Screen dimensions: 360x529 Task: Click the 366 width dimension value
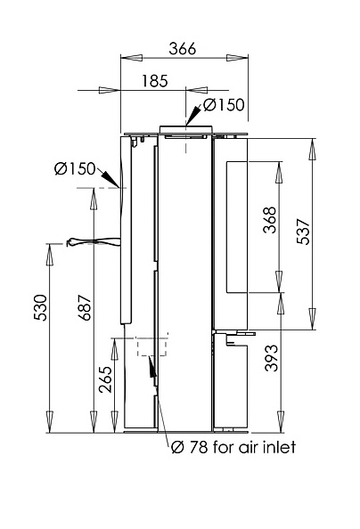(183, 49)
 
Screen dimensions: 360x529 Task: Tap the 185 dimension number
(155, 81)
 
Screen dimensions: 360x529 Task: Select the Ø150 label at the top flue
(224, 105)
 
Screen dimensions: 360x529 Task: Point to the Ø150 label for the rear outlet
(76, 168)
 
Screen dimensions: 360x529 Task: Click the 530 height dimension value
(40, 307)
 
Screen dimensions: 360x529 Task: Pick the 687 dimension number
(85, 307)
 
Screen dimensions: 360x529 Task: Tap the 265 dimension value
(105, 379)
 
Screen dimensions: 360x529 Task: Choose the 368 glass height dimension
(270, 220)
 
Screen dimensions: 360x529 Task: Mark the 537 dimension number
(303, 232)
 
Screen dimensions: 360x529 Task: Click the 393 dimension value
(271, 358)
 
